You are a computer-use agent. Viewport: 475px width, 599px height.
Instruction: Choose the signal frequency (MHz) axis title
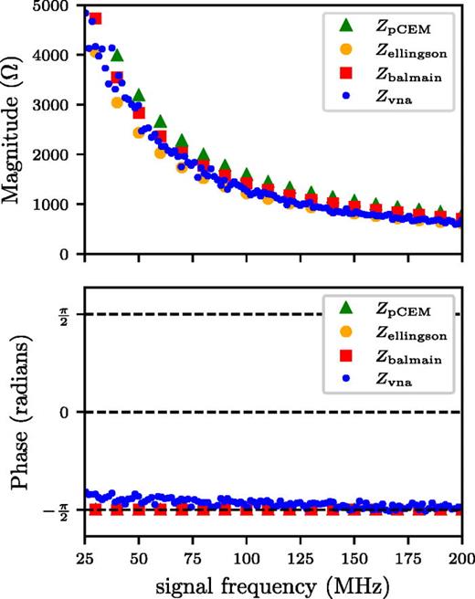click(x=272, y=581)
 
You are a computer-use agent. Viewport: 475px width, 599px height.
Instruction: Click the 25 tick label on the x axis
click(x=84, y=555)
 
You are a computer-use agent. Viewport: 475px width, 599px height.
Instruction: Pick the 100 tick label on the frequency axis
click(x=246, y=555)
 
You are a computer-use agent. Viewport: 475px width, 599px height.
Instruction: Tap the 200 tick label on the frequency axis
click(x=460, y=555)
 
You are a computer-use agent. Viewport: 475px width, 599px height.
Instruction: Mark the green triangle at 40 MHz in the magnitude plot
click(x=117, y=56)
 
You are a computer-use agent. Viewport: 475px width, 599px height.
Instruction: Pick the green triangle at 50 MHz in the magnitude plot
click(x=138, y=95)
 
